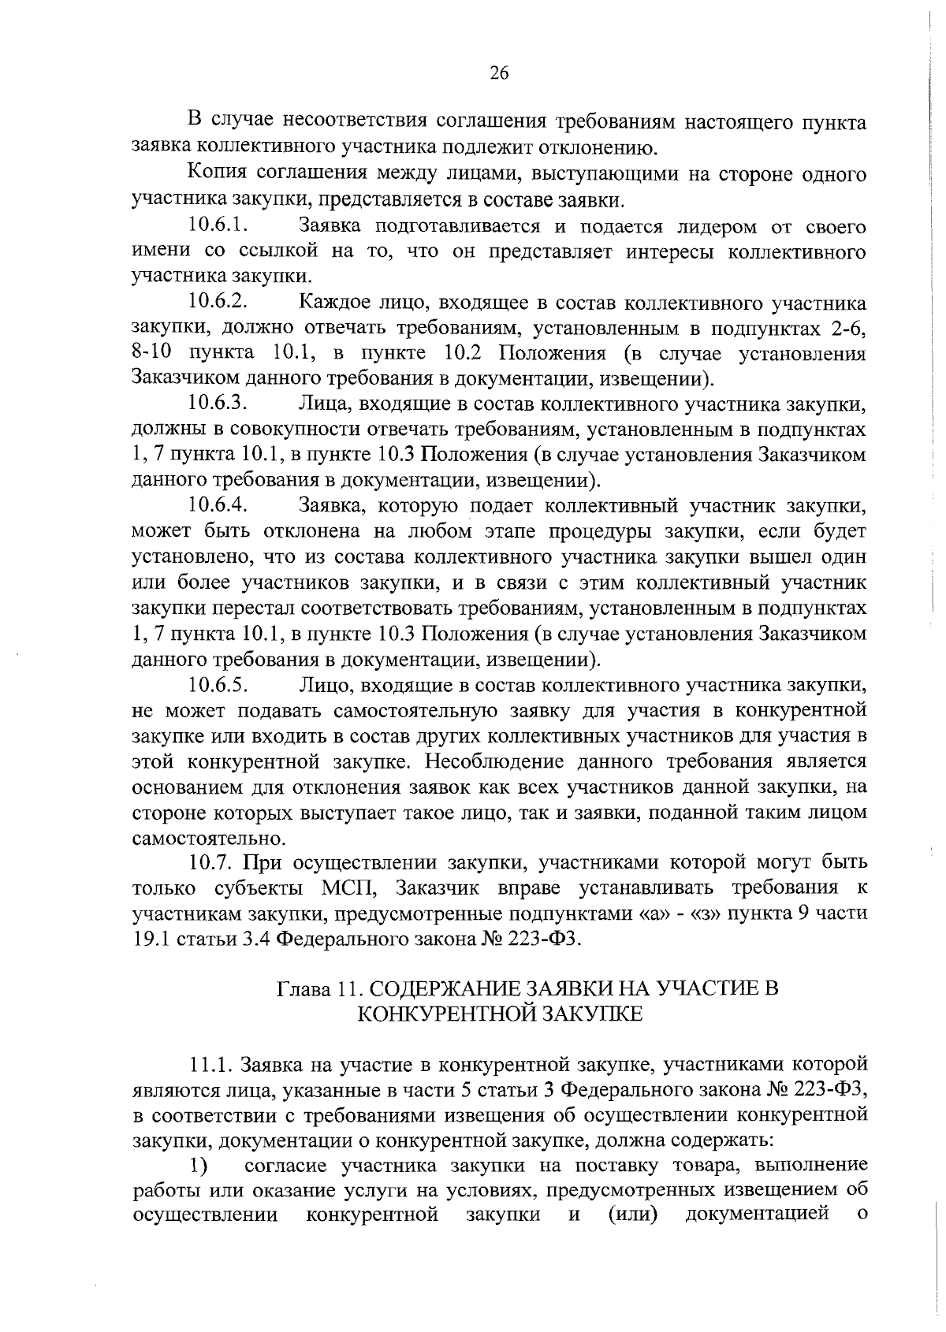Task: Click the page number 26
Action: pos(499,73)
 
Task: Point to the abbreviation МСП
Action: pos(350,888)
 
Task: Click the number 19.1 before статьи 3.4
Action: pos(150,939)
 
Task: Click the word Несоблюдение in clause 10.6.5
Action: pos(502,761)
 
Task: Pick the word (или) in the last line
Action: pos(634,1215)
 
